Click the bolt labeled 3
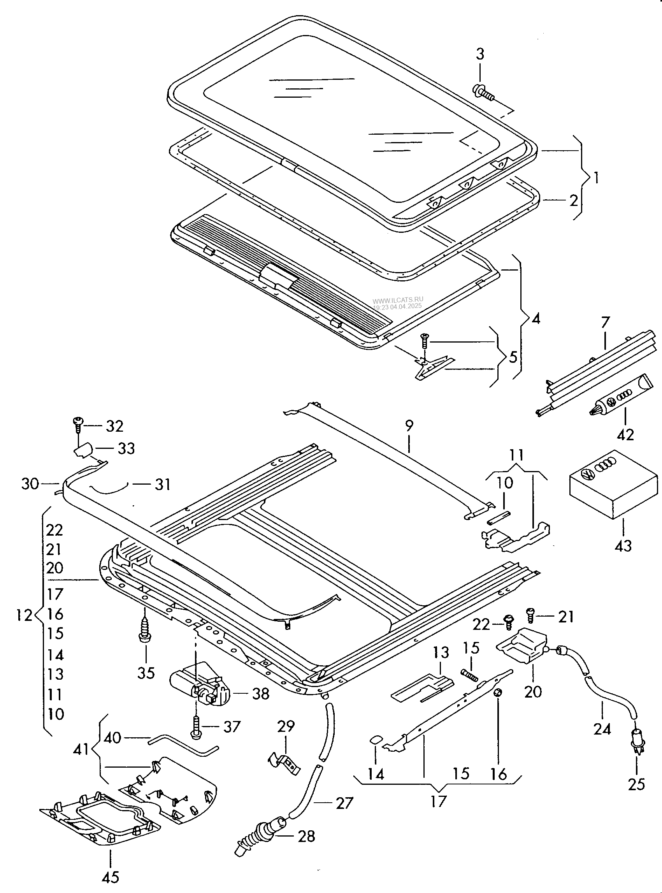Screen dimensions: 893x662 pyautogui.click(x=484, y=91)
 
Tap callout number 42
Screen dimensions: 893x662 pyautogui.click(x=625, y=435)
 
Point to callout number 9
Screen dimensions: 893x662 pyautogui.click(x=409, y=425)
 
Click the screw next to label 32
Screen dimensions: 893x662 pyautogui.click(x=77, y=424)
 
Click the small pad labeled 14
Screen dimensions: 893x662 pyautogui.click(x=376, y=739)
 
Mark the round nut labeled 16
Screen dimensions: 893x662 pyautogui.click(x=498, y=693)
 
